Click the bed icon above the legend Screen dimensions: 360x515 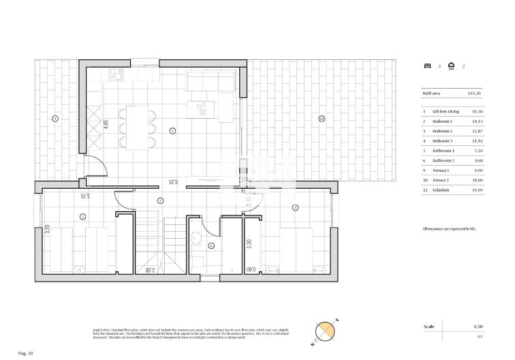427,66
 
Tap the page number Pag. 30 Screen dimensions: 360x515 26,353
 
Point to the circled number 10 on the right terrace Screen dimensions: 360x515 322,119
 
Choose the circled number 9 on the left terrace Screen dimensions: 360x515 54,119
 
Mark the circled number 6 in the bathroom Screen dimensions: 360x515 211,245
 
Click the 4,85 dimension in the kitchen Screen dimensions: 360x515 106,125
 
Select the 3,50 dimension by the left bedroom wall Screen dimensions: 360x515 47,230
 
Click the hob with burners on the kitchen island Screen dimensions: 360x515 202,106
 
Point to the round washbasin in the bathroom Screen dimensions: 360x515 196,238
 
